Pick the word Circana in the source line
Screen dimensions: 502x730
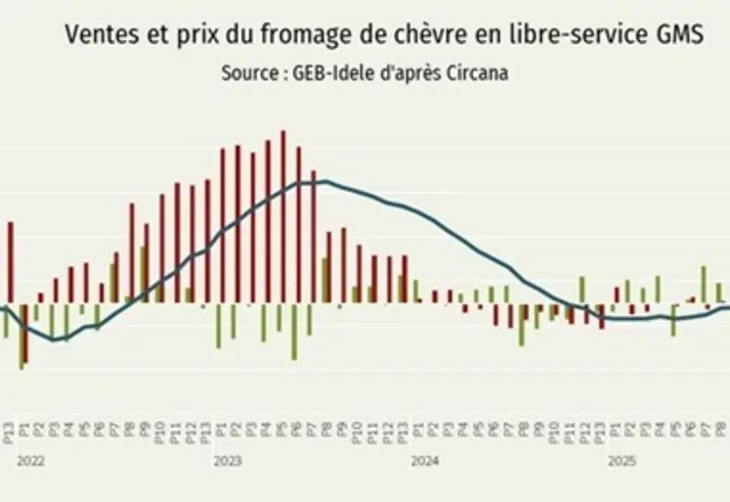point(474,73)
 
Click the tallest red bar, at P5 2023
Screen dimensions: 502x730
point(283,215)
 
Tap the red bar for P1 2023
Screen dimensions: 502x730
point(223,224)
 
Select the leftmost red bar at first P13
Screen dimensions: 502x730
point(11,261)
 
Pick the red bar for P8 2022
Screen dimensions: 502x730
point(132,251)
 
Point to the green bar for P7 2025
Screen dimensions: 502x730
point(703,284)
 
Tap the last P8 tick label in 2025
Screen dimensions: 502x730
point(722,430)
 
